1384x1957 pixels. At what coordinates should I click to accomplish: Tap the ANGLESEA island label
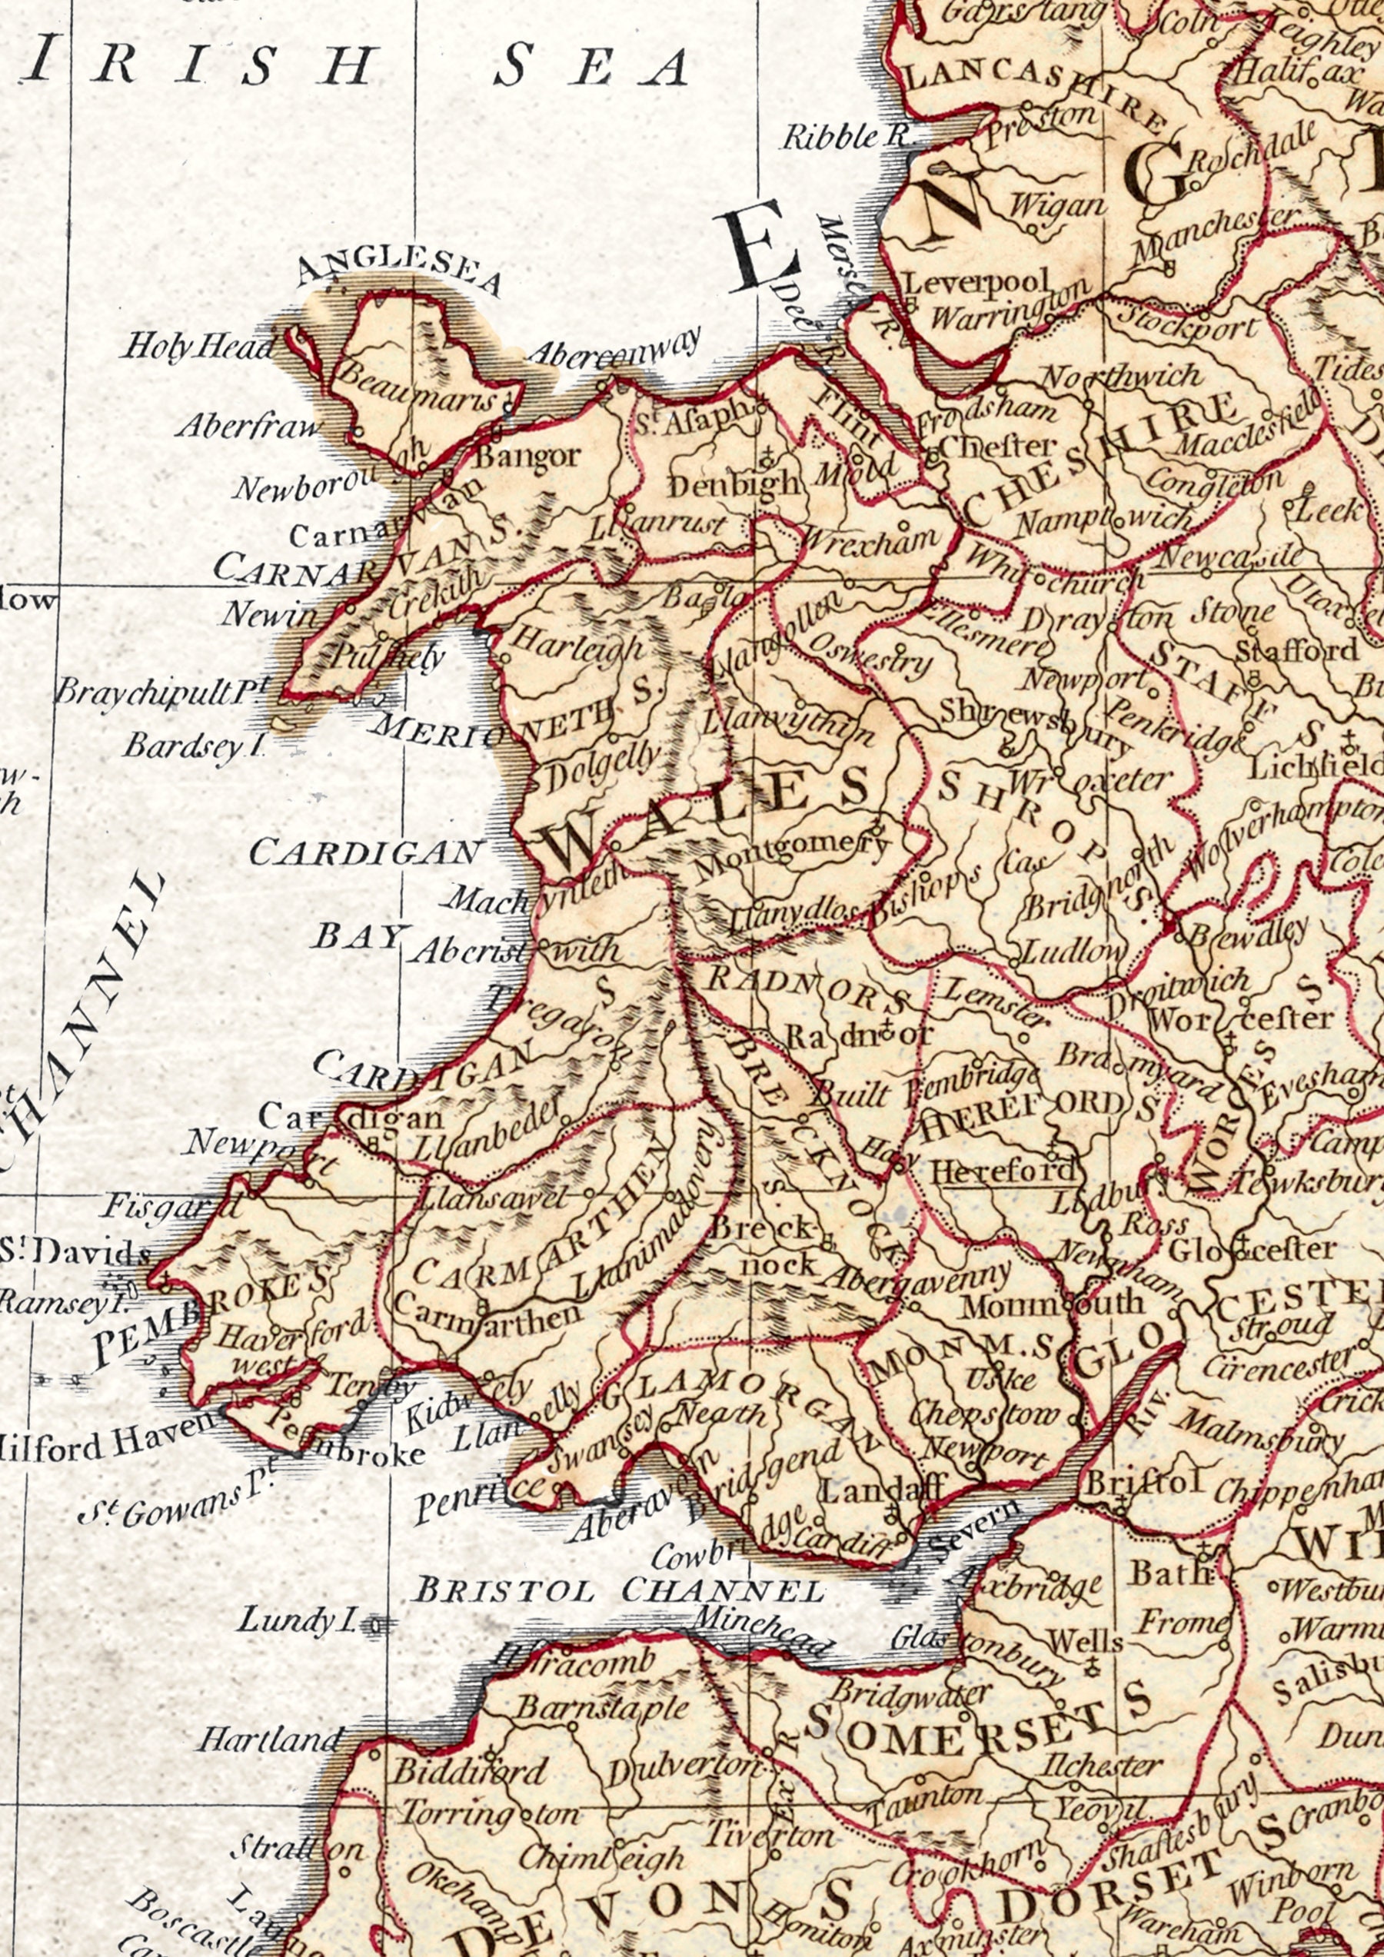(398, 271)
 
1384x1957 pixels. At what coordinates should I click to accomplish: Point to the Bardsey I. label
(194, 746)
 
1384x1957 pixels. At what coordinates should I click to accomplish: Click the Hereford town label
(1001, 1172)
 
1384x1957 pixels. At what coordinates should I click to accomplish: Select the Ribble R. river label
(844, 136)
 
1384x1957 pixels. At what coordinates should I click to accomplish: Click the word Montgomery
(792, 855)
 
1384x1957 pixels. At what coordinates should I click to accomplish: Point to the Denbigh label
(733, 486)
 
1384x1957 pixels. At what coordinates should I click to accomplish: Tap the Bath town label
(1171, 1573)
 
